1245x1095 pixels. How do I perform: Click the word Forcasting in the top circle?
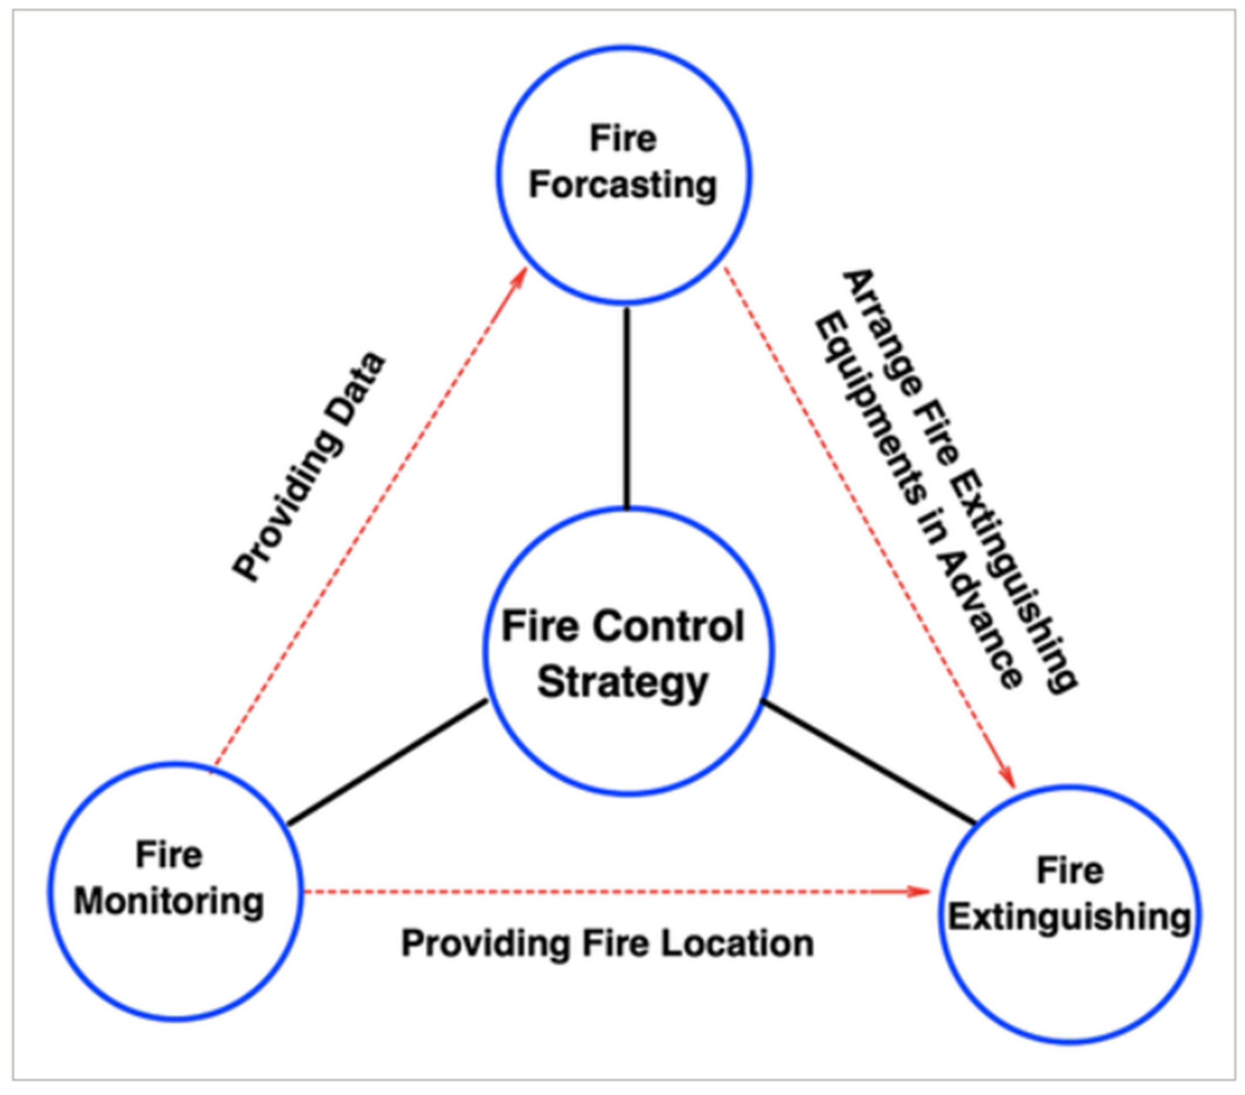(x=623, y=185)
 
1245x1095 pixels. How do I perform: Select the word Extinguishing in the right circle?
(x=1069, y=917)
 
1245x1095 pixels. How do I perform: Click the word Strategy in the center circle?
(x=623, y=682)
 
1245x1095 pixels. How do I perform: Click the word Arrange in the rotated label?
(x=883, y=334)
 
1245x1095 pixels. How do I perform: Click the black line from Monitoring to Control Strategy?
(x=387, y=762)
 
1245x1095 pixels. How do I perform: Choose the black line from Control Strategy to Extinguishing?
(x=868, y=761)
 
